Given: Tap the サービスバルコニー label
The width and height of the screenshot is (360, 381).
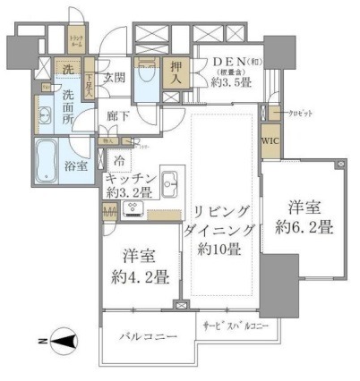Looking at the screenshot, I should tap(236, 327).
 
